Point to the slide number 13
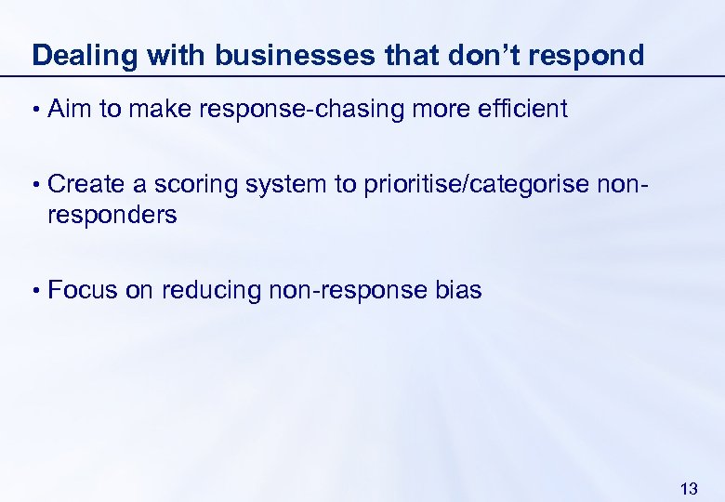click(x=689, y=488)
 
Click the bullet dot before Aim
click(x=35, y=110)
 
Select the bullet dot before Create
click(x=35, y=185)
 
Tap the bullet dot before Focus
click(x=35, y=291)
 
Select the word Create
click(x=86, y=184)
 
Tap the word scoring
click(x=194, y=185)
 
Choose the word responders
click(x=112, y=215)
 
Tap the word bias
click(x=457, y=290)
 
